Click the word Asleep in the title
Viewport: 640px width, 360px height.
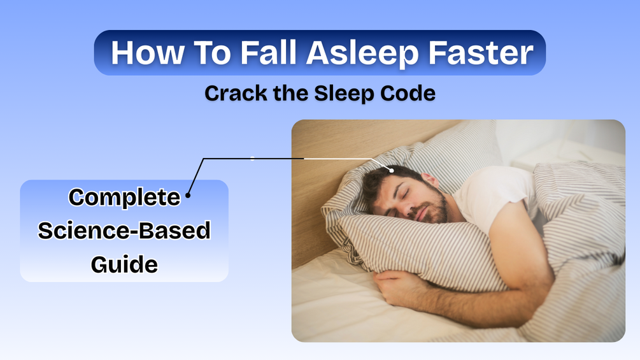(362, 54)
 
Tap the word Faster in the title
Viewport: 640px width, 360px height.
(481, 53)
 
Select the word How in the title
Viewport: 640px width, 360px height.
(147, 53)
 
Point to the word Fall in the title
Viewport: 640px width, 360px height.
(268, 52)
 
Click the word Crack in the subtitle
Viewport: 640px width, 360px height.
(236, 93)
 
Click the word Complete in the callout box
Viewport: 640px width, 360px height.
(124, 198)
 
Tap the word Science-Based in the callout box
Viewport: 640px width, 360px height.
(124, 231)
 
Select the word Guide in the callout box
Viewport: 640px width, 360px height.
(124, 264)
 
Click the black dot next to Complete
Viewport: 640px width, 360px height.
(188, 195)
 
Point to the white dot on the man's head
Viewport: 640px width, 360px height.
(392, 170)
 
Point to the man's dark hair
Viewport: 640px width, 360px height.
(383, 180)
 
